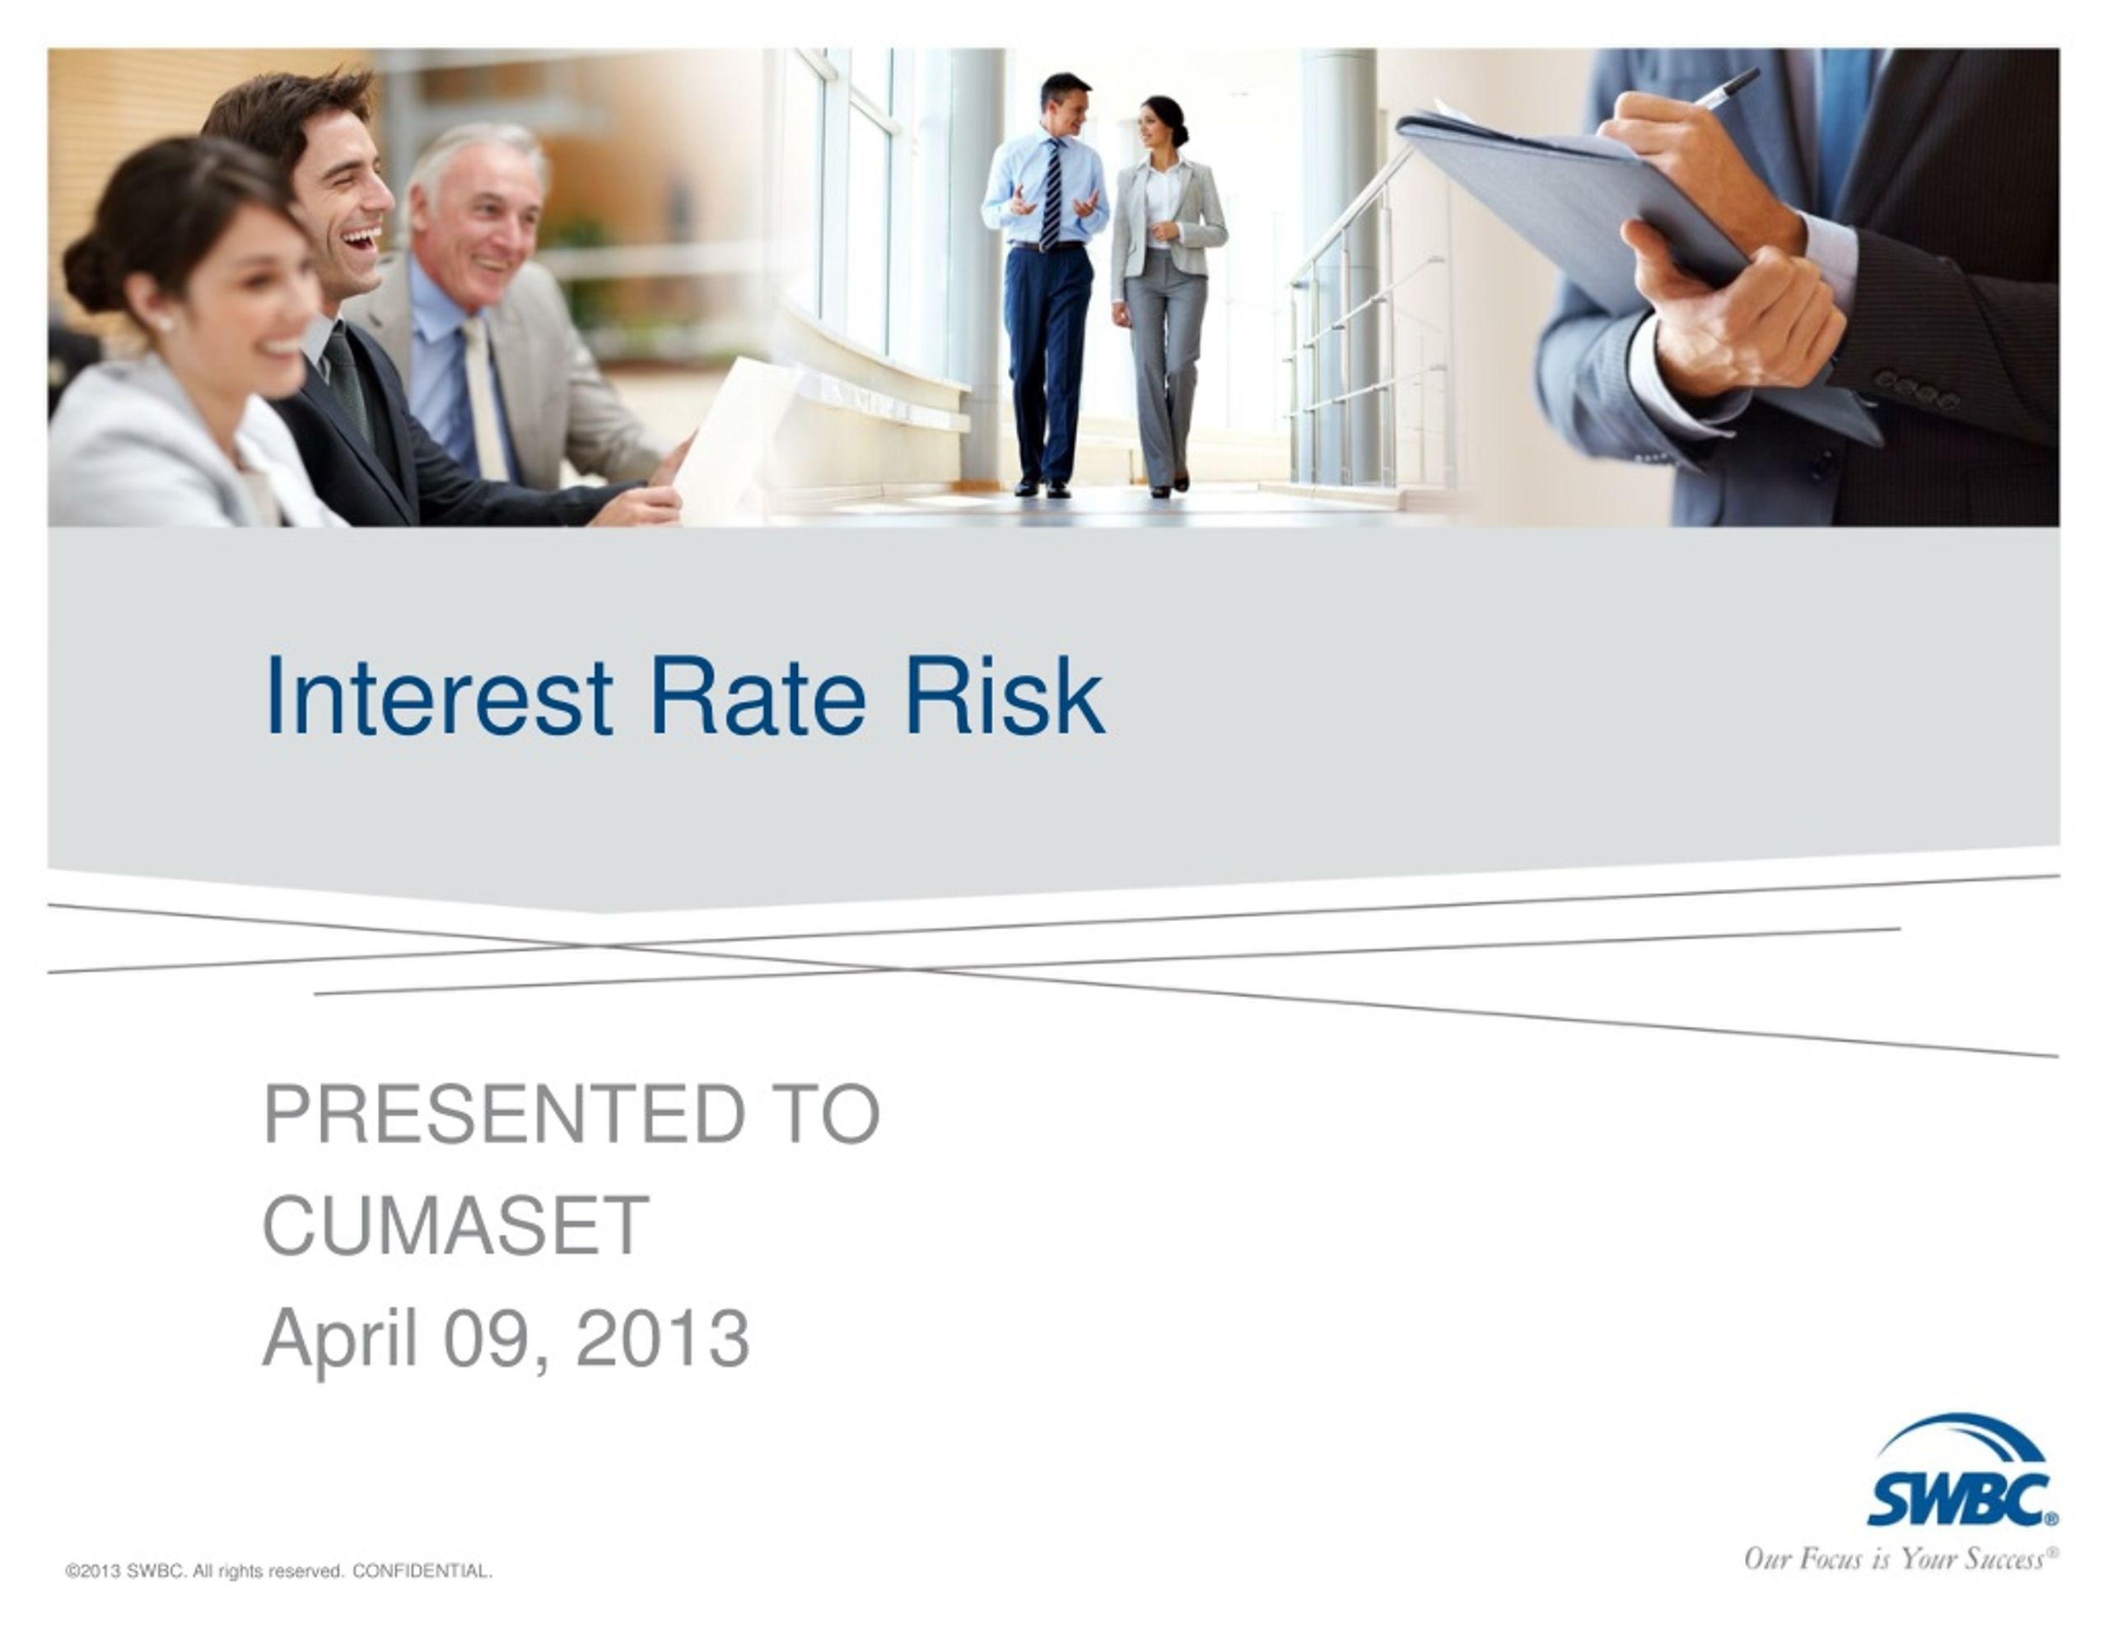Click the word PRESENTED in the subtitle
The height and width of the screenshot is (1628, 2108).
[503, 1114]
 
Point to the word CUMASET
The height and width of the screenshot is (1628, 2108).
[455, 1226]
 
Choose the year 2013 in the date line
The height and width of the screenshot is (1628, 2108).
[662, 1338]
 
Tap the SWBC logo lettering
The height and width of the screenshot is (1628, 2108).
[1959, 1500]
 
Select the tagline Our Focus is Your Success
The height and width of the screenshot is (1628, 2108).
[1900, 1560]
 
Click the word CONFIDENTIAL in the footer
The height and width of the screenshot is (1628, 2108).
[422, 1571]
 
